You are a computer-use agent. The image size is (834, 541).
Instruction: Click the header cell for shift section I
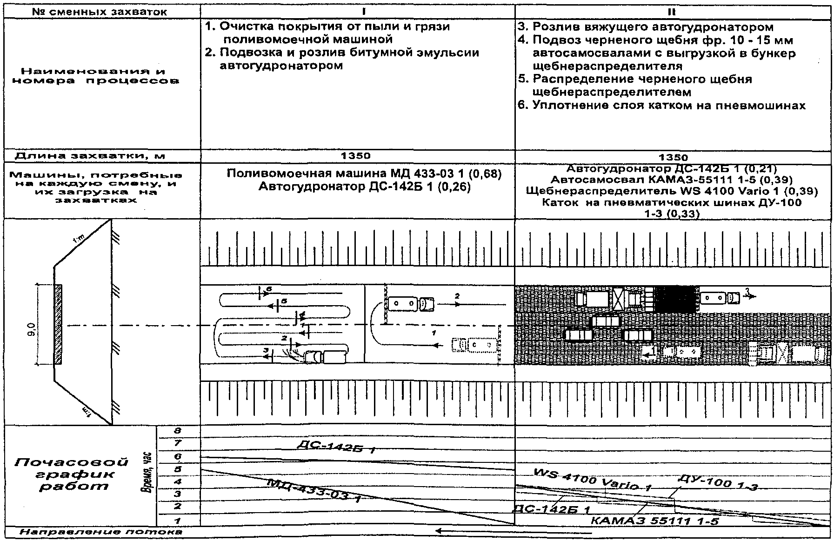(x=357, y=11)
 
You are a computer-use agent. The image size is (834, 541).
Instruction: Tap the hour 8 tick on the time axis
(x=177, y=432)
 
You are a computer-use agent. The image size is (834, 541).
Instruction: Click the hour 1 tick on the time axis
(x=177, y=521)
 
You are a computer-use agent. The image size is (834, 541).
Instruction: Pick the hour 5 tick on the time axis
(x=177, y=469)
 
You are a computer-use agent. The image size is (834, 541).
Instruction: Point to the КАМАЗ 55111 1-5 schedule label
(x=654, y=521)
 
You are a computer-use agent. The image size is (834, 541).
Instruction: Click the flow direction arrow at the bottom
(x=474, y=531)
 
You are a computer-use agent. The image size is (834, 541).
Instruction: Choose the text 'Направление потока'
(x=101, y=531)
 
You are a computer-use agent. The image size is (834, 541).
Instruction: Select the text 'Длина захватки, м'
(x=90, y=156)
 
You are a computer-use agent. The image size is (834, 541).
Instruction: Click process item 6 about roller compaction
(x=662, y=106)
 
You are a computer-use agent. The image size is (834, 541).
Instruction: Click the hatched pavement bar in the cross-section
(x=58, y=324)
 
